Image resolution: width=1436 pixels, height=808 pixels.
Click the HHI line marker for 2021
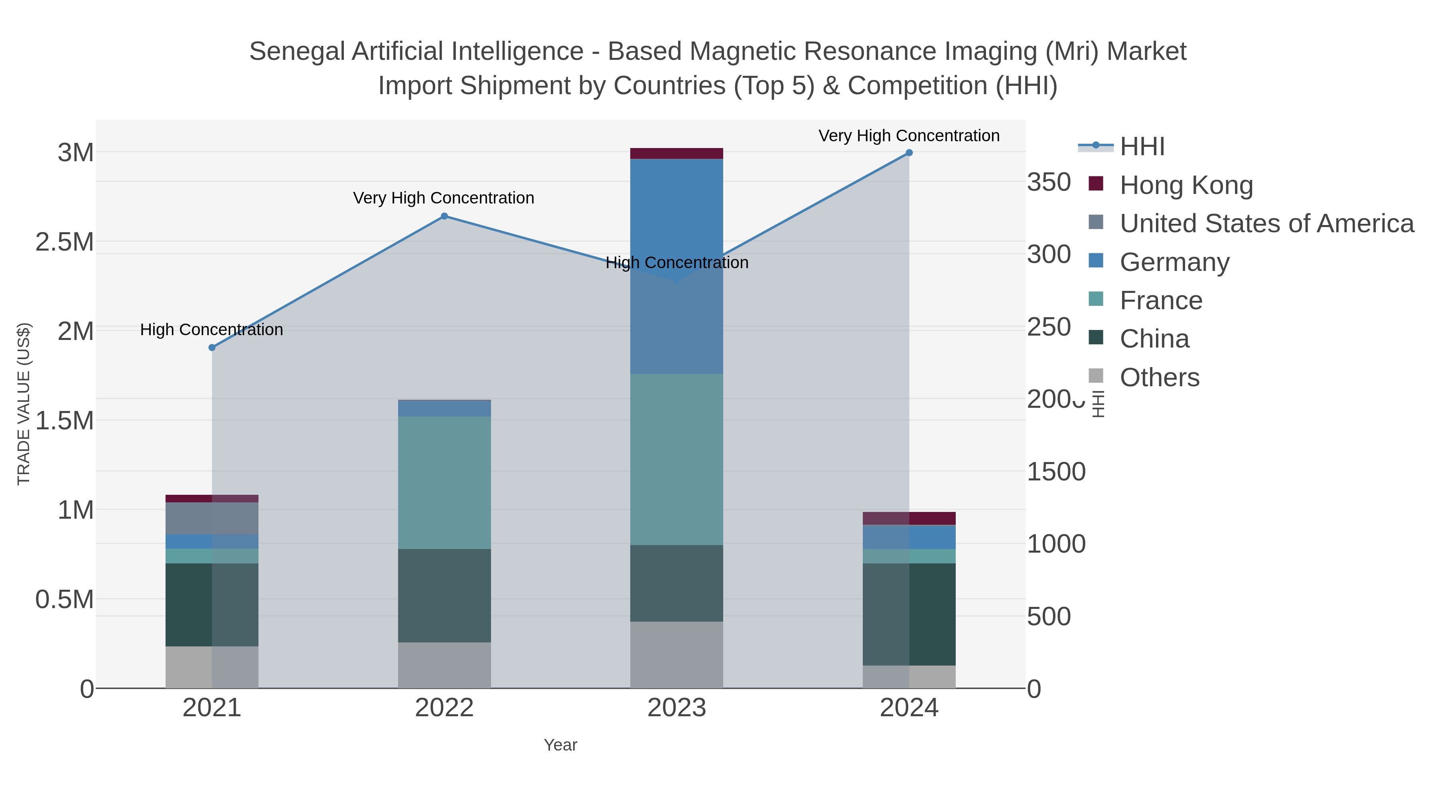212,348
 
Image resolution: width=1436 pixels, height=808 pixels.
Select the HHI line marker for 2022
444,216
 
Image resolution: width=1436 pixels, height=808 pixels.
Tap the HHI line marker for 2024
909,153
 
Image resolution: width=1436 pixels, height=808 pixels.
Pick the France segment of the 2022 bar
444,482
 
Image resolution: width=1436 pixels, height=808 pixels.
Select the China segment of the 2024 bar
909,613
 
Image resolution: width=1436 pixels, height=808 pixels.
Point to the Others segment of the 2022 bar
444,665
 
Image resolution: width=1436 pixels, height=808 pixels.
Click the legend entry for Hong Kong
1186,185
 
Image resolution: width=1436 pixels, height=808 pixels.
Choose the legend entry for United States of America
1266,223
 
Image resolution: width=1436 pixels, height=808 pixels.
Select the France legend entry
1161,300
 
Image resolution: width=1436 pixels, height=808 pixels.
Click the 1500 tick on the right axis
1056,472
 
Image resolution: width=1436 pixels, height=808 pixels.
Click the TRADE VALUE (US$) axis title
24,404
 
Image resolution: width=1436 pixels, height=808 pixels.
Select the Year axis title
560,745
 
